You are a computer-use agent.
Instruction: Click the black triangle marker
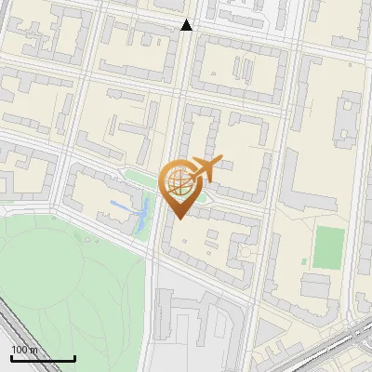pos(187,25)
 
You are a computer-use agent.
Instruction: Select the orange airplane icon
pos(207,169)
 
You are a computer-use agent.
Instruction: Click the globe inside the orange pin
pos(178,182)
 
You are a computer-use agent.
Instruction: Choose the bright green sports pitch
pos(327,246)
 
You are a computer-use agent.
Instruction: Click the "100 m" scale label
pos(26,350)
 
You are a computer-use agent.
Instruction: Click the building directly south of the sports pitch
pos(316,285)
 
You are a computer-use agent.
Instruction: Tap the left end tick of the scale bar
pos(11,357)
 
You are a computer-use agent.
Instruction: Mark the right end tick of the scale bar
pos(74,357)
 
